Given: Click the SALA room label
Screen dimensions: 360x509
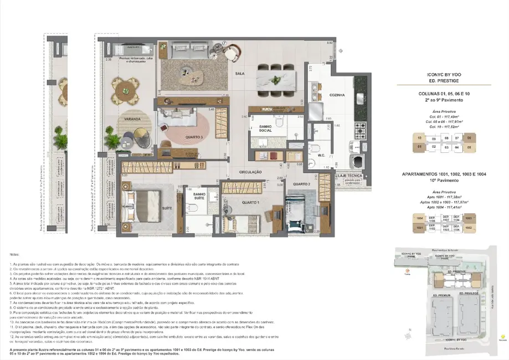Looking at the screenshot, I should tap(240, 73).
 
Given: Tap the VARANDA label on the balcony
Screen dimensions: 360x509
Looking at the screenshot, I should tap(130, 119).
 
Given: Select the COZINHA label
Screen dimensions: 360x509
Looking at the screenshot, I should tap(321, 95).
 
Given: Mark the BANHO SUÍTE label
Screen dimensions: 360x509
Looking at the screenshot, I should tap(199, 197).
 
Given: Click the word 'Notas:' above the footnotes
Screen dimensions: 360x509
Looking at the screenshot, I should tap(14, 254).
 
